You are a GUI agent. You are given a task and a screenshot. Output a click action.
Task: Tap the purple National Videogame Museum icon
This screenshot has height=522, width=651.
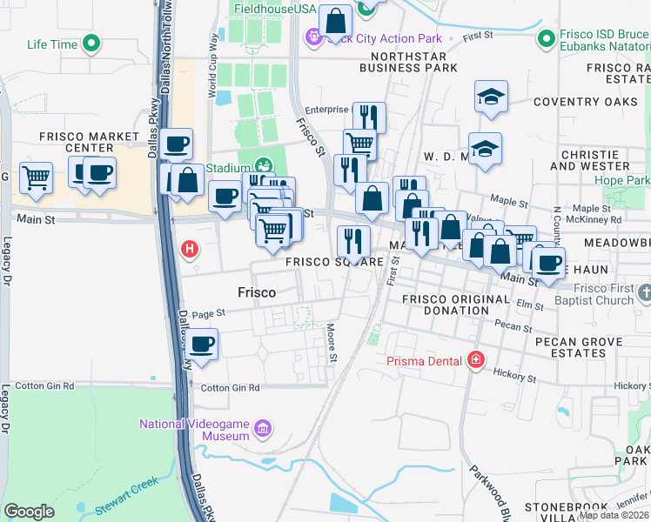pyautogui.click(x=264, y=427)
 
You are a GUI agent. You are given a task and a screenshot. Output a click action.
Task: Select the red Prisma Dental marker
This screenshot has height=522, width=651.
pyautogui.click(x=475, y=359)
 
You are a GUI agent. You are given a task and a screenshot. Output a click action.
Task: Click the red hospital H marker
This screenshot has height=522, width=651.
pyautogui.click(x=189, y=250)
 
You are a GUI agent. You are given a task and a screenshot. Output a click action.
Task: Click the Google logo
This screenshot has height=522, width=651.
pyautogui.click(x=29, y=511)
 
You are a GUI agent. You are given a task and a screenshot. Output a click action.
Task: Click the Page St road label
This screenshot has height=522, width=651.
pyautogui.click(x=208, y=313)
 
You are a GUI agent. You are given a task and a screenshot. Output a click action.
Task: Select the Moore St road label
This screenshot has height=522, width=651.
pyautogui.click(x=332, y=340)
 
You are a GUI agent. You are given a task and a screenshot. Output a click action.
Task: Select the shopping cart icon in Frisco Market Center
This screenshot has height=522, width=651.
pyautogui.click(x=36, y=177)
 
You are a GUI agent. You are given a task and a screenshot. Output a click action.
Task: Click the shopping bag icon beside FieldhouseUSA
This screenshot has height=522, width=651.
pyautogui.click(x=335, y=21)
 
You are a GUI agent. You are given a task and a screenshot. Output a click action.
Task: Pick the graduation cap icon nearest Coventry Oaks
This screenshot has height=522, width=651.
pyautogui.click(x=491, y=97)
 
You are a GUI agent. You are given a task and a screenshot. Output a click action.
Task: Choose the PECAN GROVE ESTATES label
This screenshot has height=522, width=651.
pyautogui.click(x=582, y=347)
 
